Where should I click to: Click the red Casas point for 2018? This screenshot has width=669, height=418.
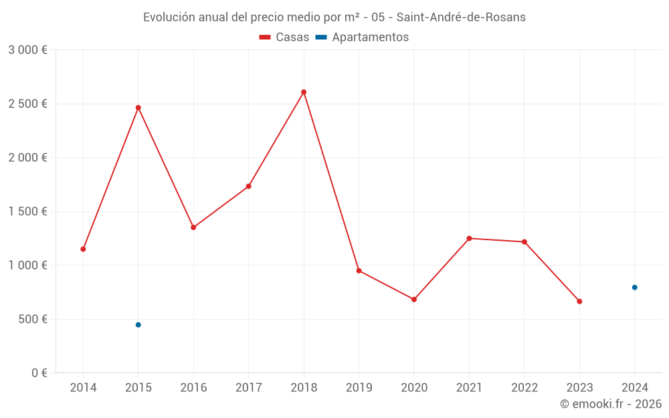pos(304,92)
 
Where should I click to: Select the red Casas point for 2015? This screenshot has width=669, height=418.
pos(138,108)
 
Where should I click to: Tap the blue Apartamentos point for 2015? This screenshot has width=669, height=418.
pos(138,325)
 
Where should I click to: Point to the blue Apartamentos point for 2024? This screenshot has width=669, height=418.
pos(634,288)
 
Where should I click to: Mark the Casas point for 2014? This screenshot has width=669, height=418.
pos(83,249)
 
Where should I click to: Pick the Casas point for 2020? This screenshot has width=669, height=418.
pos(414,300)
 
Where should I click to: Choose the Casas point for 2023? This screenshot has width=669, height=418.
pos(579,302)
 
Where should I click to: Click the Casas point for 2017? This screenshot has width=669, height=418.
pos(248,187)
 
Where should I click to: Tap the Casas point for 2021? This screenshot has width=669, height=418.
pos(469,239)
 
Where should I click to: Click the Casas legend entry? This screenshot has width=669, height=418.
pos(284,37)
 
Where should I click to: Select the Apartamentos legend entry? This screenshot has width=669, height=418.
pos(362,37)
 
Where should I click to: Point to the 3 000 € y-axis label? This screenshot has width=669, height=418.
pos(27,50)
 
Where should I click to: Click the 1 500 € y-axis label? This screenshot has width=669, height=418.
pos(27,211)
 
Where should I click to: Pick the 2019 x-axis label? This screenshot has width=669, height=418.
pos(359,388)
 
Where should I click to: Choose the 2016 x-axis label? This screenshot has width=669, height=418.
pos(193,388)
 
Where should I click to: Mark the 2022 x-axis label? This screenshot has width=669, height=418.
pos(524,388)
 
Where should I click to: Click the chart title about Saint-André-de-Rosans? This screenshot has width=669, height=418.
pos(334,17)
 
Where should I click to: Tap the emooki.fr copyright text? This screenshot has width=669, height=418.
pos(611,404)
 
